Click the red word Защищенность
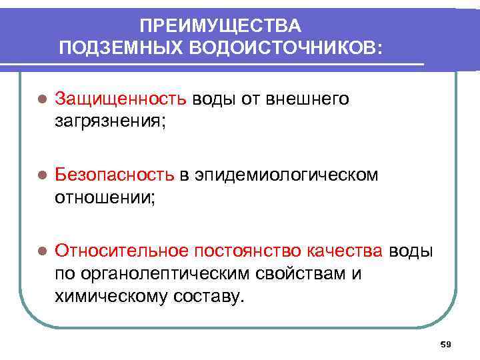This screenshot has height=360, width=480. [121, 99]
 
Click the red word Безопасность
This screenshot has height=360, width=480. [114, 175]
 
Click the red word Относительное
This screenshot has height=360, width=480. [122, 251]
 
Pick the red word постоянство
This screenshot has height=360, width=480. [247, 251]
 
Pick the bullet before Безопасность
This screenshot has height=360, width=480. [41, 175]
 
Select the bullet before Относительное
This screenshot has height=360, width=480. [41, 251]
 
